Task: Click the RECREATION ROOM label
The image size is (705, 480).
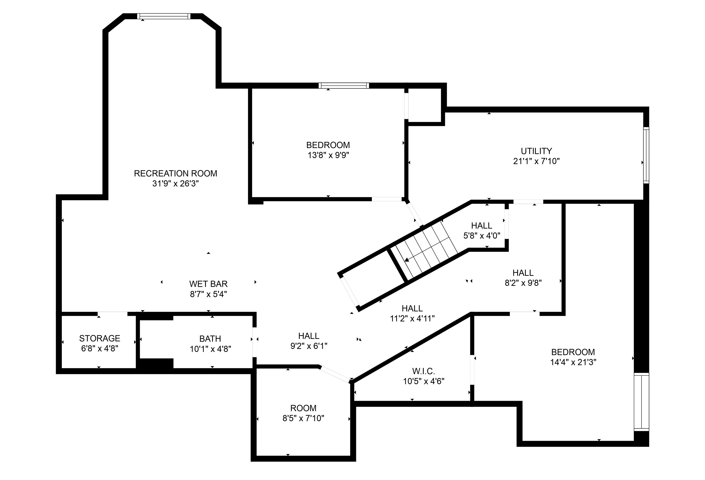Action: point(175,173)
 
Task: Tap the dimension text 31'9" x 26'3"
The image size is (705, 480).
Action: point(175,184)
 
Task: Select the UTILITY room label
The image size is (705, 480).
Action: point(536,151)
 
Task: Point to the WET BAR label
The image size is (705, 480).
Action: point(208,284)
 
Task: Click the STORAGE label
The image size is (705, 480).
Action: point(100,338)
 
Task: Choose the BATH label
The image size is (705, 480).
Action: point(210,339)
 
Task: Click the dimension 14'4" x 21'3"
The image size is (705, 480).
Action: point(573,362)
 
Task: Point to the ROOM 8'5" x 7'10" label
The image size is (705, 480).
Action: point(303,408)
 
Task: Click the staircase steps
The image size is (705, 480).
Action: point(428,249)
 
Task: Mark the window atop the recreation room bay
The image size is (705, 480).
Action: point(164,16)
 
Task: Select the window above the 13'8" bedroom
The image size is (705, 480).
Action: point(344,86)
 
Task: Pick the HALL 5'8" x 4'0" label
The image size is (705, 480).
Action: point(481,226)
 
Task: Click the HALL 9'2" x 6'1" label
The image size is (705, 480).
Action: point(308,336)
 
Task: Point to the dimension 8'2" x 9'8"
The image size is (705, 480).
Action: point(523,283)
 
